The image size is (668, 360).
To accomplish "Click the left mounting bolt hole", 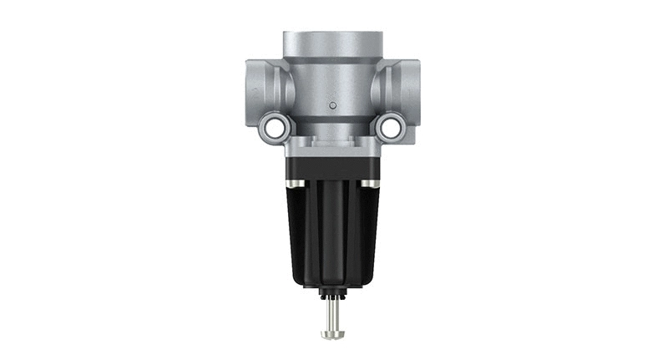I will pos(272,127).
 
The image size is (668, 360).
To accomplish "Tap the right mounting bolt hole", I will pos(389,127).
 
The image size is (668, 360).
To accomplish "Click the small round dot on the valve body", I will pos(331,105).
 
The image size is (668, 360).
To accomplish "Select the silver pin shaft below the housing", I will pos(331,313).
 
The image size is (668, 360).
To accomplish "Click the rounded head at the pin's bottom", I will pos(331,334).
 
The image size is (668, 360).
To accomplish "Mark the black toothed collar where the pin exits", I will pos(331,294).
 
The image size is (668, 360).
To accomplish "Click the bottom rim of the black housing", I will pos(331,282).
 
